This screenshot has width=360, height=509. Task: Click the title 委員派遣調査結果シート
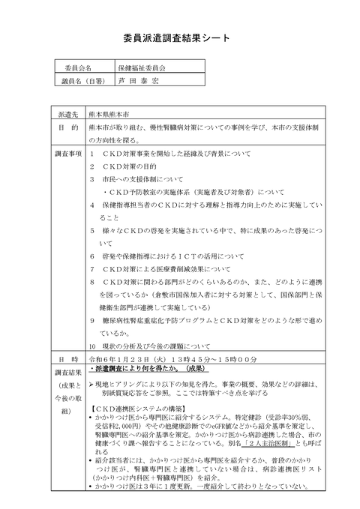(x=179, y=35)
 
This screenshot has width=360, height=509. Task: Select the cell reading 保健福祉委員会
(x=142, y=67)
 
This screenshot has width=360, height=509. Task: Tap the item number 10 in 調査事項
(x=92, y=347)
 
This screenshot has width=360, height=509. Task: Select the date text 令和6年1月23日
(x=120, y=359)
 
